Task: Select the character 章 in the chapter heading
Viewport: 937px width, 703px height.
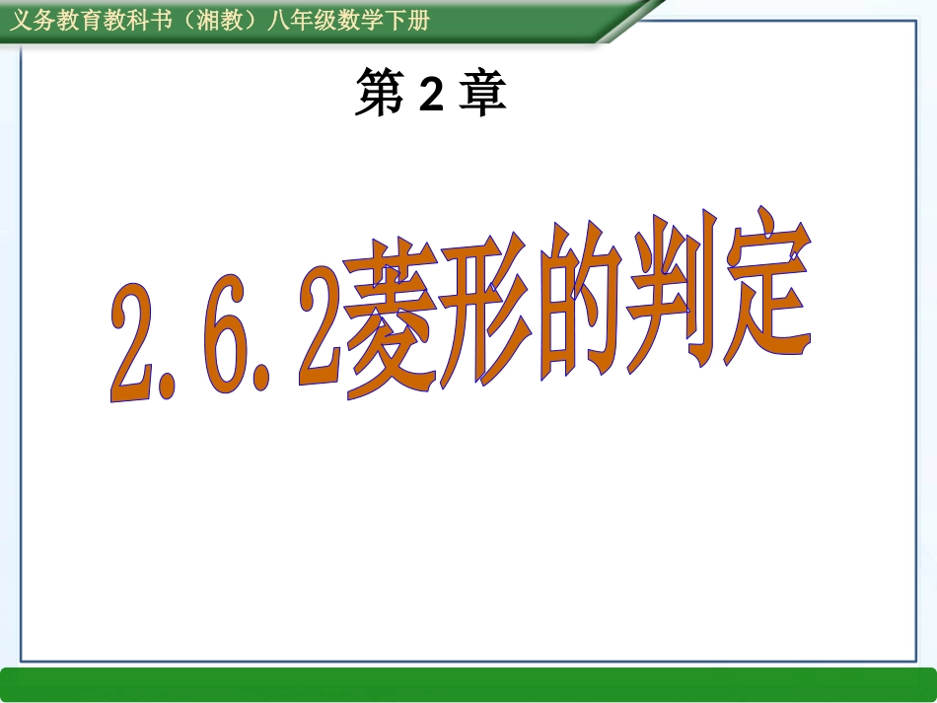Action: click(483, 95)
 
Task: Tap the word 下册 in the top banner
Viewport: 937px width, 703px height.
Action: click(407, 21)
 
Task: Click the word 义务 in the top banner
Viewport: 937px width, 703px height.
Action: click(33, 21)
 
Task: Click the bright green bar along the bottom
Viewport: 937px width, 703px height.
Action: click(468, 683)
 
